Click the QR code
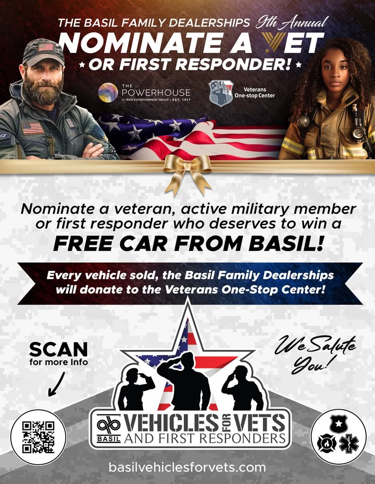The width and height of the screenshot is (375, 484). (39, 437)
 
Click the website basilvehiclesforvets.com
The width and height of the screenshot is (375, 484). (187, 467)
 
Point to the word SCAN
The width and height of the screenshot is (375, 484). (58, 350)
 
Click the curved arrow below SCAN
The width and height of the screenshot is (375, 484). (56, 384)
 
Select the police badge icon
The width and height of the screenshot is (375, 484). (339, 424)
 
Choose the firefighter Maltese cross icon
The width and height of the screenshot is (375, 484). (327, 443)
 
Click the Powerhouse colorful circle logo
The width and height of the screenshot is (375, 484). (108, 93)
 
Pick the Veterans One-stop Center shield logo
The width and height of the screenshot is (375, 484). (221, 93)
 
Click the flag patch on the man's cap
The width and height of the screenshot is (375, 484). (46, 47)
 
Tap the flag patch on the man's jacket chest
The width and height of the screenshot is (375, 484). (32, 128)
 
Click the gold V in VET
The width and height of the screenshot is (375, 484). (274, 42)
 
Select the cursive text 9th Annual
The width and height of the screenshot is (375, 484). (291, 22)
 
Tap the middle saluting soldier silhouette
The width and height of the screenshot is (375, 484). (184, 381)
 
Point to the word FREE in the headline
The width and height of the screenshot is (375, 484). (83, 244)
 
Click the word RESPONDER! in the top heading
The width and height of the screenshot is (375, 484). (234, 64)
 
